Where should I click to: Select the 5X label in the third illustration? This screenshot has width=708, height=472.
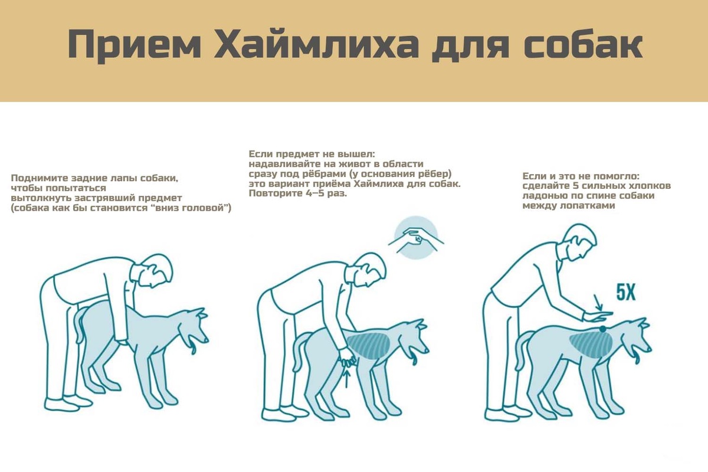[x=627, y=293]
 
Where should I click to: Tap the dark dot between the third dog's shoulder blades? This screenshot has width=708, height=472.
[x=602, y=329]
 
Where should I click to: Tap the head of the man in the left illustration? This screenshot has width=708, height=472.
[x=158, y=271]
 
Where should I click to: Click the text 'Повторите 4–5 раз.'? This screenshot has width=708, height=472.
[x=298, y=193]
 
